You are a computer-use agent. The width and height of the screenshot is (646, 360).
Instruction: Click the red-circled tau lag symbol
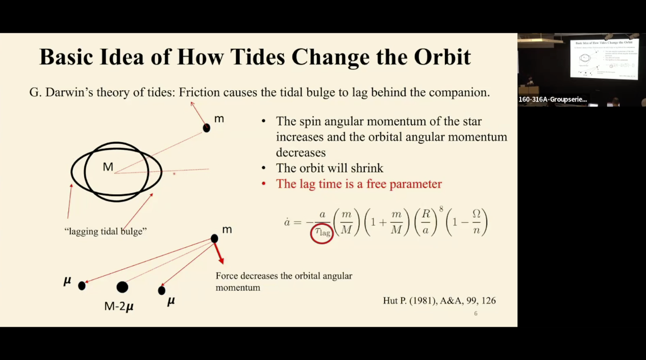click(x=322, y=233)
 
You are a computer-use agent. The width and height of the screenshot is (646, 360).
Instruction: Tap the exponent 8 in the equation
click(x=441, y=209)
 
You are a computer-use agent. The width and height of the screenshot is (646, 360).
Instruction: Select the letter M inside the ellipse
click(x=108, y=167)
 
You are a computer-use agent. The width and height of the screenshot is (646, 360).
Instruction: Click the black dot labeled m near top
click(x=206, y=128)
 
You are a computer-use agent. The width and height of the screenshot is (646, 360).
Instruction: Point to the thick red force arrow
click(x=218, y=252)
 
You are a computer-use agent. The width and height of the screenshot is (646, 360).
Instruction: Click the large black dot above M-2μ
click(x=122, y=287)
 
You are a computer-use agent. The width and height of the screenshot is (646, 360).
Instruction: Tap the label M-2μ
click(x=119, y=306)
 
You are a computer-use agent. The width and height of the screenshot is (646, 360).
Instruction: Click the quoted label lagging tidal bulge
click(x=106, y=232)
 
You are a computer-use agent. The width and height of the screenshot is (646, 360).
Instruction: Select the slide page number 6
click(x=476, y=314)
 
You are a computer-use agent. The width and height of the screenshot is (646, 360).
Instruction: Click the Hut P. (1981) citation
click(x=439, y=301)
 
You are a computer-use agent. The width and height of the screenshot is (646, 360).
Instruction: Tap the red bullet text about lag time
click(x=359, y=184)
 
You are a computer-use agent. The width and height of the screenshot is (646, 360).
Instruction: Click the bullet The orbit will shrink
click(x=329, y=168)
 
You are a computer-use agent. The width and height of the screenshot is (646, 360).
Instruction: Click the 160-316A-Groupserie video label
click(x=553, y=99)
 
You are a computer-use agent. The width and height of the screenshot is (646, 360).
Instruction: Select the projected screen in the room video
click(x=604, y=59)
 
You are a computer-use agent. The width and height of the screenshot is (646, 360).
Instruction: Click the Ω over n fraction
click(x=476, y=222)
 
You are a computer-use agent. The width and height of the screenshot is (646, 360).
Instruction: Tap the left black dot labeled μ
click(x=82, y=286)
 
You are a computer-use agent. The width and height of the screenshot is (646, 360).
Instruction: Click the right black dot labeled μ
click(x=162, y=291)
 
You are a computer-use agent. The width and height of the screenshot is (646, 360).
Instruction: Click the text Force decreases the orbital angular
click(x=284, y=276)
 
